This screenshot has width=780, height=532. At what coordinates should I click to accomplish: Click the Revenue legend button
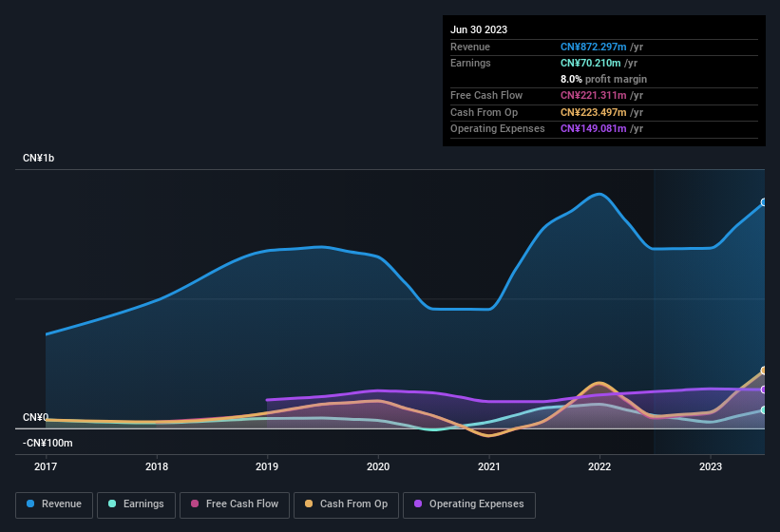[x=54, y=504]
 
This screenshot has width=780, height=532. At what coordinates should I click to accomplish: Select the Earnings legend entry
[x=136, y=504]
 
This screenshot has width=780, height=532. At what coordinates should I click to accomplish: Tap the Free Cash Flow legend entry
[x=234, y=504]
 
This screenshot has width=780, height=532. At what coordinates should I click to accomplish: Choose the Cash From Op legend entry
[x=346, y=504]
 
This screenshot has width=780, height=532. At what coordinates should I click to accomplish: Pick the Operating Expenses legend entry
[x=469, y=504]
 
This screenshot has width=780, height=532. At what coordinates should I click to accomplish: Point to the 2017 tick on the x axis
[x=46, y=466]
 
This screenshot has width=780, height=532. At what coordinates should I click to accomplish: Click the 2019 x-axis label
[x=267, y=466]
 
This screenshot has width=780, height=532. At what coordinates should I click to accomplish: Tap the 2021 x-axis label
[x=489, y=466]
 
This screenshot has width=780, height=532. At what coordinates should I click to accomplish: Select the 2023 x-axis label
[x=711, y=466]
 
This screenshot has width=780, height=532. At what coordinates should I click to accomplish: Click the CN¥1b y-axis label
[x=39, y=158]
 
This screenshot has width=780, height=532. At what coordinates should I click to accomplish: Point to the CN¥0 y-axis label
[x=35, y=418]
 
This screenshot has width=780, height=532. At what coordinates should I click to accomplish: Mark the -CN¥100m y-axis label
[x=48, y=443]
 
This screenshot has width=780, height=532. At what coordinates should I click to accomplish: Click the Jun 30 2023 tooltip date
[x=479, y=29]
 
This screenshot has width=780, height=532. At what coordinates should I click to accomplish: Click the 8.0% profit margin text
[x=603, y=79]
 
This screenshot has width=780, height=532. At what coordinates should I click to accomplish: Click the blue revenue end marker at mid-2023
[x=763, y=202]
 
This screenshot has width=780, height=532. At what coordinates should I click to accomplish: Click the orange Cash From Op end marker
[x=763, y=370]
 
